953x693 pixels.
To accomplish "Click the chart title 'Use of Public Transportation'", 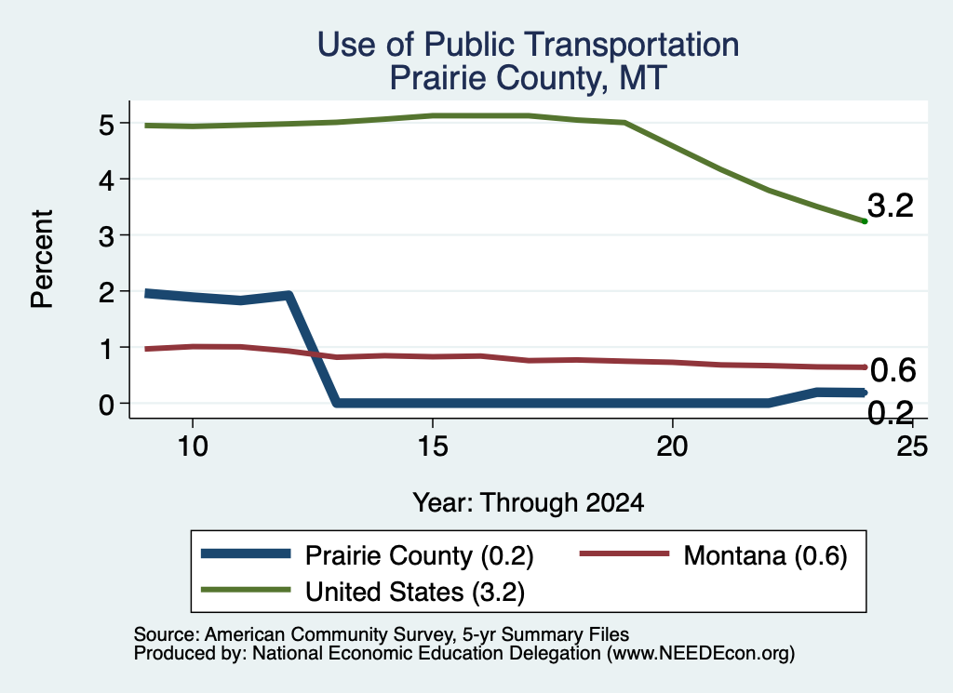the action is [x=529, y=45].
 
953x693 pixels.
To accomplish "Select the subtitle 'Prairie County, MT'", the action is [x=529, y=79].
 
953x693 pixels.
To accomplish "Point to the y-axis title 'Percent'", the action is [x=42, y=259].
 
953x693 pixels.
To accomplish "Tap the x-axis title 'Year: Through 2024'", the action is [x=529, y=503].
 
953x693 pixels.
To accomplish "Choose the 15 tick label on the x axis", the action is [x=433, y=446].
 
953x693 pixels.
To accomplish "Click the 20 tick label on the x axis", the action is [x=672, y=446].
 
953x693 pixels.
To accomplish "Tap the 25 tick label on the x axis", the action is [x=912, y=446].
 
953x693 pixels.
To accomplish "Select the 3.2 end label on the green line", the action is [x=891, y=206].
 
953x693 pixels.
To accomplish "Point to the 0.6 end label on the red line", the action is [x=893, y=370].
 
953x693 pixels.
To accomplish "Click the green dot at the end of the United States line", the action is [x=865, y=221].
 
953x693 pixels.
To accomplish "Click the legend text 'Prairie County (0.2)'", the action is [x=420, y=555].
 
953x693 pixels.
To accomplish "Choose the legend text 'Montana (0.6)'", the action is [x=765, y=555].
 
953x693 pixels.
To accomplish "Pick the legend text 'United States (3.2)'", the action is [x=415, y=592].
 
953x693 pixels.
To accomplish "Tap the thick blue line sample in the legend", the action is [x=246, y=553].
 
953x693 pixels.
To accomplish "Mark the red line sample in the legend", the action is [x=624, y=553].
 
